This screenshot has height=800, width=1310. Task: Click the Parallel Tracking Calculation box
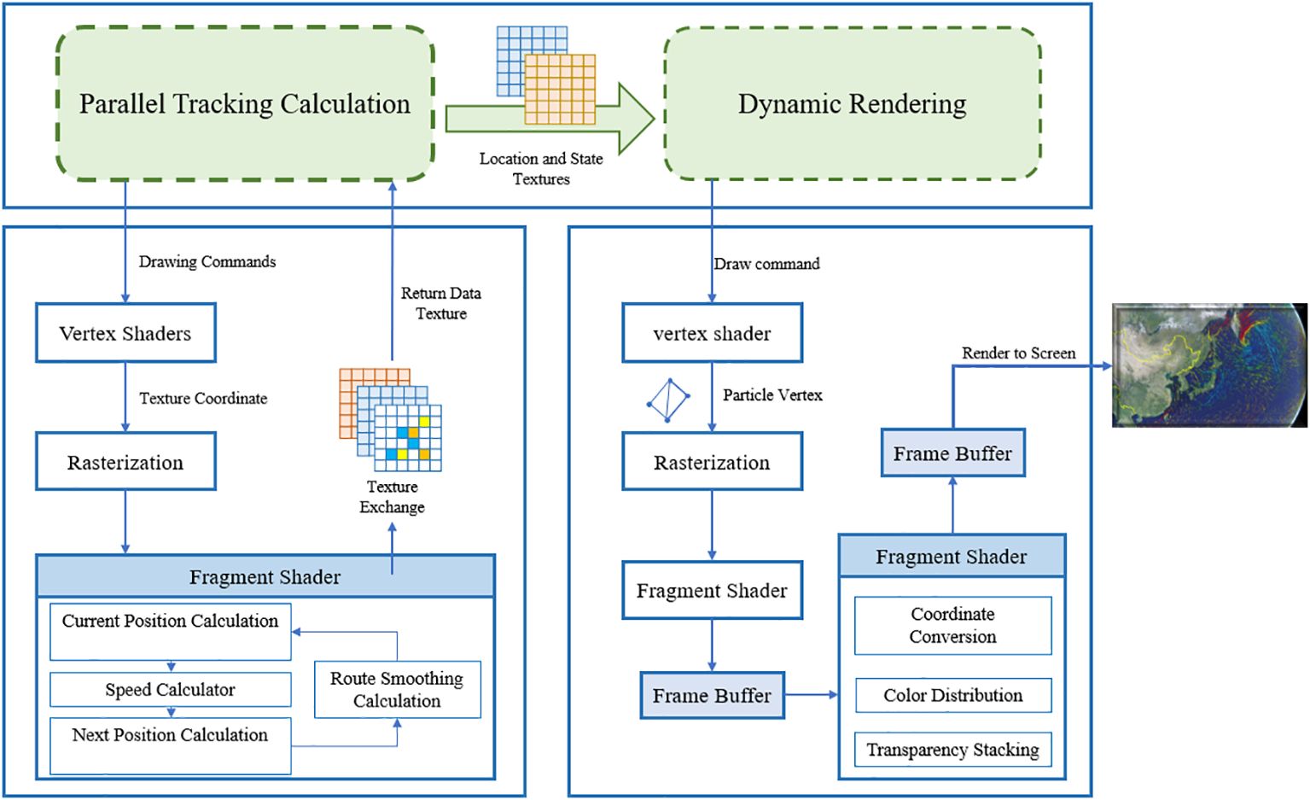(245, 103)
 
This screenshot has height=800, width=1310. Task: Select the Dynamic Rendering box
(852, 103)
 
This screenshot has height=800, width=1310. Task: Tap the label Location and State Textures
(541, 168)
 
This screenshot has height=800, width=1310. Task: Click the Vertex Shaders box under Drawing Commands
(125, 333)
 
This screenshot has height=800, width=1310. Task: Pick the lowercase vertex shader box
(713, 333)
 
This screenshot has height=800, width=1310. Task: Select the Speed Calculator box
(170, 689)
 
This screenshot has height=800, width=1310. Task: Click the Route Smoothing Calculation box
(398, 689)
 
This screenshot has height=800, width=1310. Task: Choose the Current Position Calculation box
(170, 632)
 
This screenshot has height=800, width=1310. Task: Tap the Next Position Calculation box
(170, 746)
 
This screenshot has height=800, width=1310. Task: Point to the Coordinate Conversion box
(953, 626)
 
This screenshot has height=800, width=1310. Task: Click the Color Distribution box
(953, 695)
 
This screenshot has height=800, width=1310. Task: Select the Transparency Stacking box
(953, 749)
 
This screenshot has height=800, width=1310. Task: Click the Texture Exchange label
(392, 497)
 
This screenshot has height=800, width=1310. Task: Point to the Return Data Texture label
(441, 303)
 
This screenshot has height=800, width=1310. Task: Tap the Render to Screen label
(1019, 353)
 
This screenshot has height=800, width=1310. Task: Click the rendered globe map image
(1209, 365)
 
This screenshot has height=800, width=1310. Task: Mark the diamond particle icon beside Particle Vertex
(668, 400)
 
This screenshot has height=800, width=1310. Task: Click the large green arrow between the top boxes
(550, 119)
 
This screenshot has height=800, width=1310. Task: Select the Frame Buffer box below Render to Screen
(953, 453)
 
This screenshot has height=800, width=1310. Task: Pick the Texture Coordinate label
(203, 399)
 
